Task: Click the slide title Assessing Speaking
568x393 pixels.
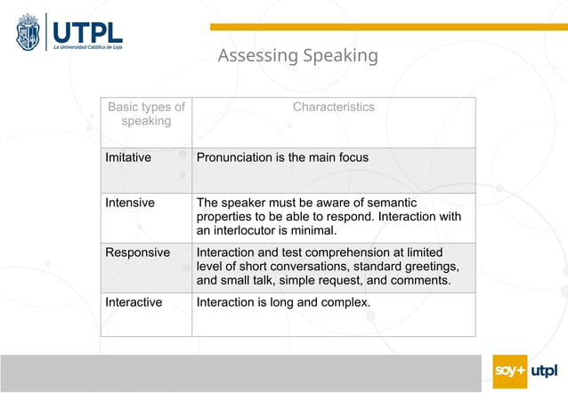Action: (x=297, y=56)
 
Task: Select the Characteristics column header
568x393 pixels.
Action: (x=334, y=107)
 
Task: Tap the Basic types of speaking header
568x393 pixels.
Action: (x=146, y=114)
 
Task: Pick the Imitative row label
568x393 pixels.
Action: (x=128, y=157)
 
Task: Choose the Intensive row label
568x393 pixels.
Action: (x=130, y=203)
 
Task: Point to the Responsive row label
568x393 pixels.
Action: (x=137, y=253)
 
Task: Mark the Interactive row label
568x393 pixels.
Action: (x=134, y=302)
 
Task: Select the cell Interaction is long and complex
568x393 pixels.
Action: (x=283, y=302)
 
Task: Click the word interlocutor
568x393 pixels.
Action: (x=247, y=231)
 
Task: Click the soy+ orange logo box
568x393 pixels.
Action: (x=509, y=371)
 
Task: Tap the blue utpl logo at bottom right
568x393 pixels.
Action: (x=544, y=371)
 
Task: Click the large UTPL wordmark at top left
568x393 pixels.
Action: (x=88, y=29)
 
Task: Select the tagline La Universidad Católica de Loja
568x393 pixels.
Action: (x=87, y=47)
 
